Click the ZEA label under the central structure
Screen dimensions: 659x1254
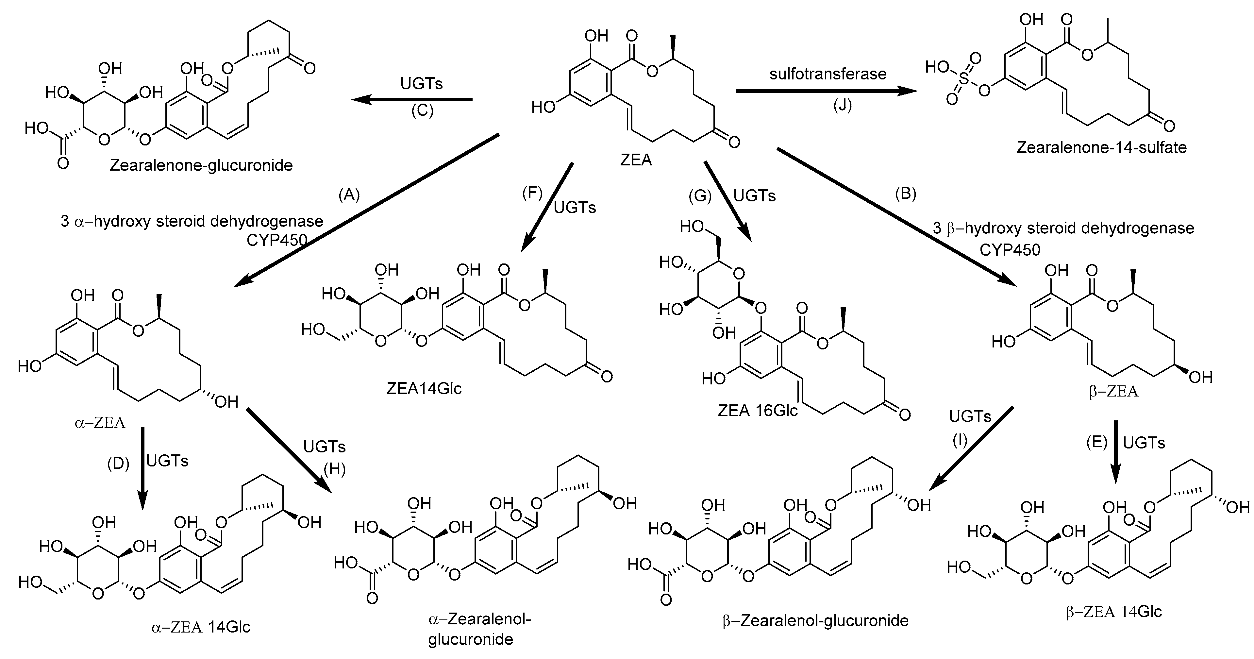point(636,160)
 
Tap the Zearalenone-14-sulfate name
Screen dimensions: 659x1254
point(1101,147)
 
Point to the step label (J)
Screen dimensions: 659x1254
point(843,105)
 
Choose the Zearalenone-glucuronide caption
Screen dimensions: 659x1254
point(201,166)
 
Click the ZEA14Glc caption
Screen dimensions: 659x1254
point(424,389)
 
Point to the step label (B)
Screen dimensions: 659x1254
point(906,194)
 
